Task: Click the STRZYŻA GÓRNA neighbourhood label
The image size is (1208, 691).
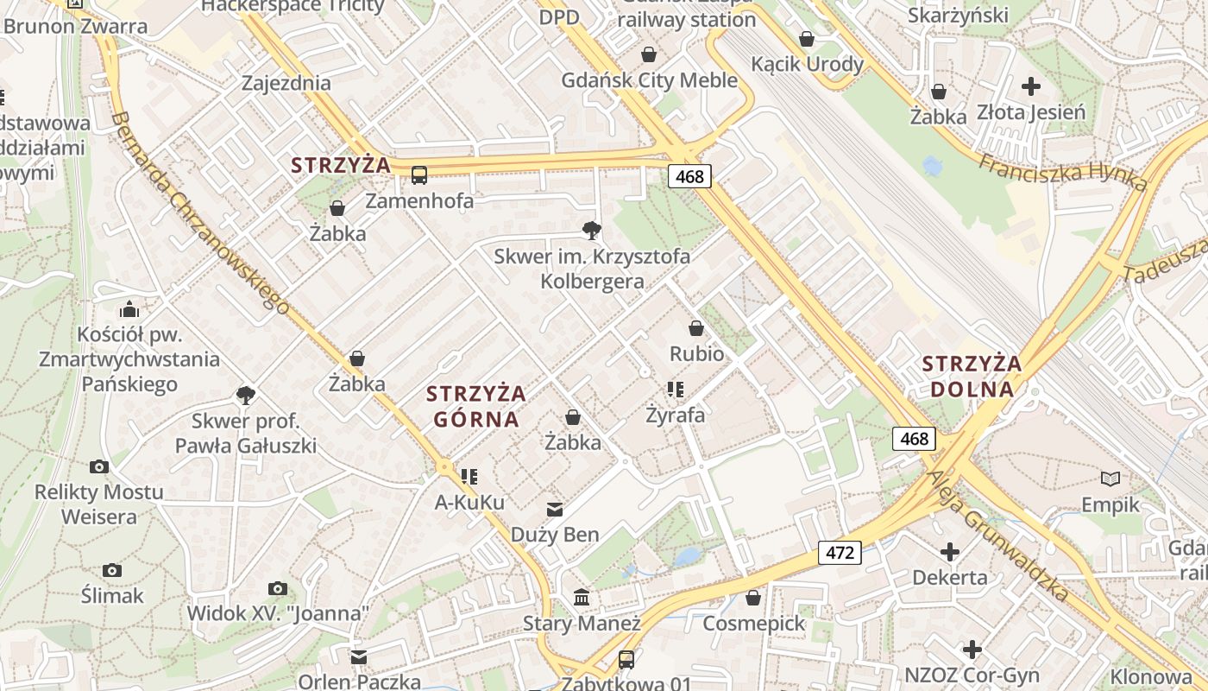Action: [475, 406]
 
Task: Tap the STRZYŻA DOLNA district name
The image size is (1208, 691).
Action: [972, 376]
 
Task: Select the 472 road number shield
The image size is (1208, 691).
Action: [840, 552]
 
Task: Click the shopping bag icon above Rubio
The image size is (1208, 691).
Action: [696, 329]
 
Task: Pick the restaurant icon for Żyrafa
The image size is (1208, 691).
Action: [675, 390]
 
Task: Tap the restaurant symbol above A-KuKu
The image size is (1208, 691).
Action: [469, 477]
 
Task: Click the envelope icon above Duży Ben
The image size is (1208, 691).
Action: [554, 510]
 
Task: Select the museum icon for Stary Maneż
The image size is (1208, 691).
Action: [582, 598]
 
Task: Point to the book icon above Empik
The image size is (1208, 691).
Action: [1110, 479]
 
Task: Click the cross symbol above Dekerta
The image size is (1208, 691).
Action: [950, 552]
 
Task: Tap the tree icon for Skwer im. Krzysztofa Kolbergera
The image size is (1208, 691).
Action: [591, 231]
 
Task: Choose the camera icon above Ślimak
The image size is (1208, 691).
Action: [112, 570]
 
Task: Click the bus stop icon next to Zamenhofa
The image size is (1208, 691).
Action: [419, 175]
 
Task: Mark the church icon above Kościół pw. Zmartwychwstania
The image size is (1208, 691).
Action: [129, 309]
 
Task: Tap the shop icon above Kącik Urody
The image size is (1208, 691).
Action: [807, 39]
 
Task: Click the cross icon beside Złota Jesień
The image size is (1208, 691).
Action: [1031, 86]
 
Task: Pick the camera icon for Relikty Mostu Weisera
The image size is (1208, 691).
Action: [99, 467]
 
